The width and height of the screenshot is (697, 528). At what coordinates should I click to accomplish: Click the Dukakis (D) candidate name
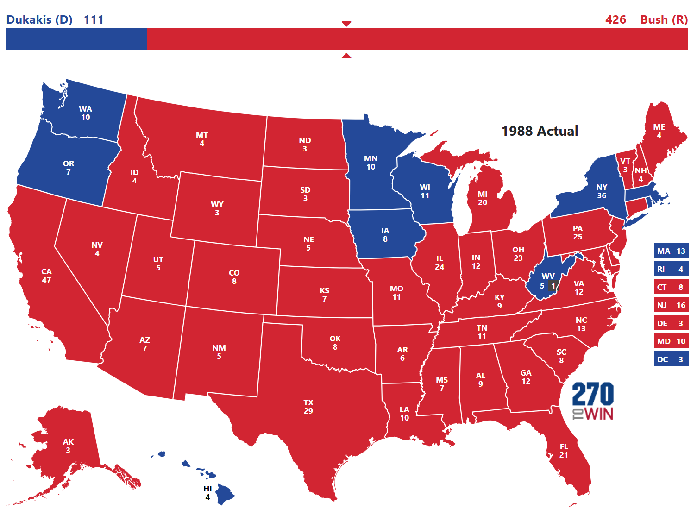39,20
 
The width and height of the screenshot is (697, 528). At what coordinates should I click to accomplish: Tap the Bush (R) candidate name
664,20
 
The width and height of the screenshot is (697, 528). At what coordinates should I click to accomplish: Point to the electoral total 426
615,20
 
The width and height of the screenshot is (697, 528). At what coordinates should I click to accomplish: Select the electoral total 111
94,20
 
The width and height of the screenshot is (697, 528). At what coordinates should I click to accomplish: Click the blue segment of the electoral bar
76,39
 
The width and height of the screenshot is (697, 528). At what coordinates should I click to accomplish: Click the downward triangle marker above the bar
346,24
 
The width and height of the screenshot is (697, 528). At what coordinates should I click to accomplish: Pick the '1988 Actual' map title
540,131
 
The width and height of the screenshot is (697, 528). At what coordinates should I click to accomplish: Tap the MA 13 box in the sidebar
671,251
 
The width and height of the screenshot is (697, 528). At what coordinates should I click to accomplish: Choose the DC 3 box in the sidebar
671,359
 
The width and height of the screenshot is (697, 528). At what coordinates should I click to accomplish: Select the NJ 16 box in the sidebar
671,305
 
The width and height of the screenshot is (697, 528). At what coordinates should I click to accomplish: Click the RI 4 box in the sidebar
671,269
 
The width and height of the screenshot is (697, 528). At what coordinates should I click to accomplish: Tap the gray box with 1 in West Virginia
553,286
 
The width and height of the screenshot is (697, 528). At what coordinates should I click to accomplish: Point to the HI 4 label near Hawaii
207,493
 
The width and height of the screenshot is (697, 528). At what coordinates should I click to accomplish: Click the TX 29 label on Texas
308,407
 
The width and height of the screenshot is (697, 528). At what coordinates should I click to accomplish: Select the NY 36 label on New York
602,191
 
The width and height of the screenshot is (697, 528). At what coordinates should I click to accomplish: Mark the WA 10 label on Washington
86,113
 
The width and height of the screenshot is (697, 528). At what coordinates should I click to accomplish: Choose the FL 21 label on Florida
564,451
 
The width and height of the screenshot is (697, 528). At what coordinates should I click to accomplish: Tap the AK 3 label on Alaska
68,446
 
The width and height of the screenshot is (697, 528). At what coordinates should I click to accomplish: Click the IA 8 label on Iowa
385,235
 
